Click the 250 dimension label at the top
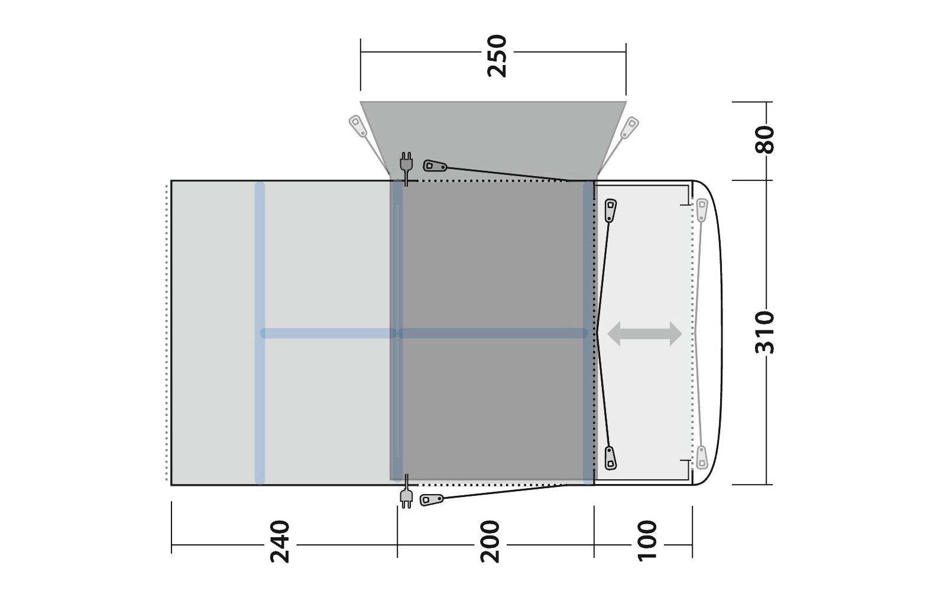click(497, 56)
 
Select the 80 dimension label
click(765, 139)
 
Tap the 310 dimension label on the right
click(765, 333)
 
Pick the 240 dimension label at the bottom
click(280, 542)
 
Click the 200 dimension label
click(490, 542)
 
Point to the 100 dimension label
click(647, 541)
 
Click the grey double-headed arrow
click(644, 333)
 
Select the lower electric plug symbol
click(406, 491)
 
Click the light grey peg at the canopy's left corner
click(358, 126)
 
